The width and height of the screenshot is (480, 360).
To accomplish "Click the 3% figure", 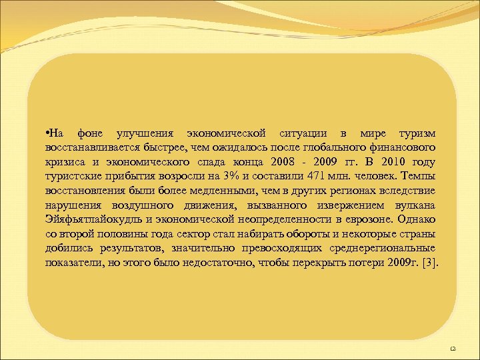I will pos(214,177).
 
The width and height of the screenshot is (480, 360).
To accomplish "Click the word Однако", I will pos(417,219).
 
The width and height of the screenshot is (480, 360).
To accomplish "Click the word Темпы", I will pos(419,177).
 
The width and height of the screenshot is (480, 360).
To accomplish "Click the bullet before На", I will pos(47,133).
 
